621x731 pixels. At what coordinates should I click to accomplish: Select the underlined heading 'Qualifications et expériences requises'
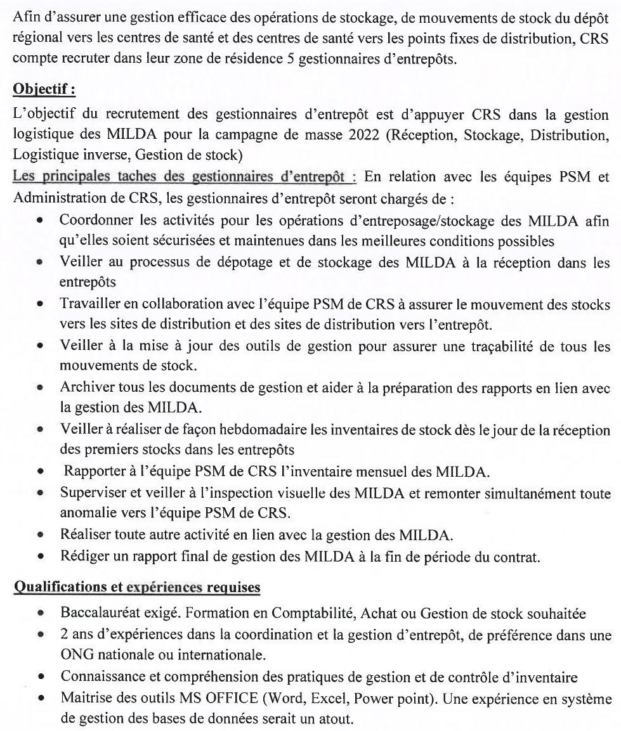136,588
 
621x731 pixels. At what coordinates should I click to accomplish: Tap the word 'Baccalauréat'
96,614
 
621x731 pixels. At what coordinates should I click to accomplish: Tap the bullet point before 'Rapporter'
41,472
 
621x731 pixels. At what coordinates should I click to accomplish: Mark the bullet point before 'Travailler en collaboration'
41,304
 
